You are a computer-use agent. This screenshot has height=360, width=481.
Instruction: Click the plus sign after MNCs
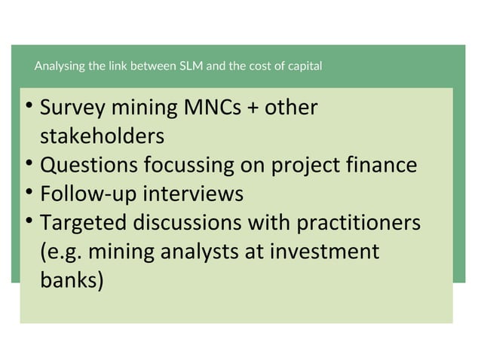pyautogui.click(x=253, y=109)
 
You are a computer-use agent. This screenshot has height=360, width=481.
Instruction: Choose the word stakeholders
pyautogui.click(x=101, y=137)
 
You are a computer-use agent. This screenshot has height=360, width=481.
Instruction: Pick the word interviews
pyautogui.click(x=193, y=194)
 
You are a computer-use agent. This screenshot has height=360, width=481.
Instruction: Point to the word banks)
pyautogui.click(x=72, y=279)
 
